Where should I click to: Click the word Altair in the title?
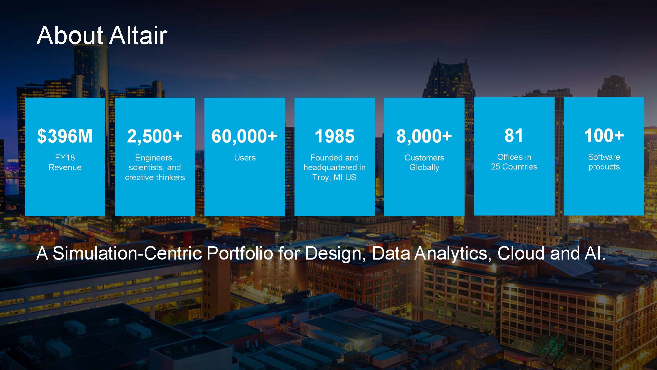(138, 35)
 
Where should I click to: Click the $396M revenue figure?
(65, 136)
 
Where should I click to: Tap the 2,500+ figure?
(155, 136)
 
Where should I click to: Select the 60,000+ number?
(244, 136)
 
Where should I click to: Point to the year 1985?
(335, 136)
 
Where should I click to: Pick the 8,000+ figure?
(424, 136)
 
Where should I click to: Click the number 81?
(514, 135)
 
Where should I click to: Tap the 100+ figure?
(604, 135)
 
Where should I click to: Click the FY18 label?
(65, 157)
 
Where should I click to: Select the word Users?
(245, 157)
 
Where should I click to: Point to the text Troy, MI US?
(335, 177)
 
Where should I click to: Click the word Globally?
(424, 167)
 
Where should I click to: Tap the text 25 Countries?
(514, 166)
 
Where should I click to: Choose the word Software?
(604, 157)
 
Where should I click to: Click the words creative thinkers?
(155, 177)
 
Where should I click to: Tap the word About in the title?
(70, 35)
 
